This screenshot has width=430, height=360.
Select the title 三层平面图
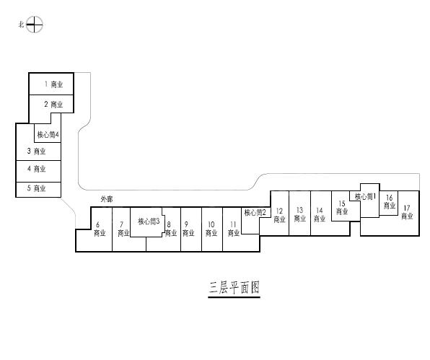(234, 288)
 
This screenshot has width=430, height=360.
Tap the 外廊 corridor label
(107, 199)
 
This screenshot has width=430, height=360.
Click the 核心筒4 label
(48, 135)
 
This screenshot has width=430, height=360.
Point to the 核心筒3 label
(149, 221)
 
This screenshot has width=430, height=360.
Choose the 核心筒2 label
(255, 213)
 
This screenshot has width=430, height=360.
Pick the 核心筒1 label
(366, 196)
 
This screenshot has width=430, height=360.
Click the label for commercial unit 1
(53, 84)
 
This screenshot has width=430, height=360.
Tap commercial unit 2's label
(53, 104)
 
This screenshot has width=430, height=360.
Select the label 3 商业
(36, 151)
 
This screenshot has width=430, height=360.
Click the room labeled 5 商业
(36, 188)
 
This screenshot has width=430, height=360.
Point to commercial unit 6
(100, 229)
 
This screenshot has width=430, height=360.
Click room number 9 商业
(188, 229)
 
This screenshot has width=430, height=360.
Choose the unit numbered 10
(211, 229)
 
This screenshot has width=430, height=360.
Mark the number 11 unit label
(234, 229)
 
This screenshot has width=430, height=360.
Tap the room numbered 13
(299, 214)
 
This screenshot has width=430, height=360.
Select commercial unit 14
(320, 215)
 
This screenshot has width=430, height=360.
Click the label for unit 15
(342, 208)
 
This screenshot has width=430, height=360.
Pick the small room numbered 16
(390, 201)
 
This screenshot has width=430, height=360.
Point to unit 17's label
(407, 212)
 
